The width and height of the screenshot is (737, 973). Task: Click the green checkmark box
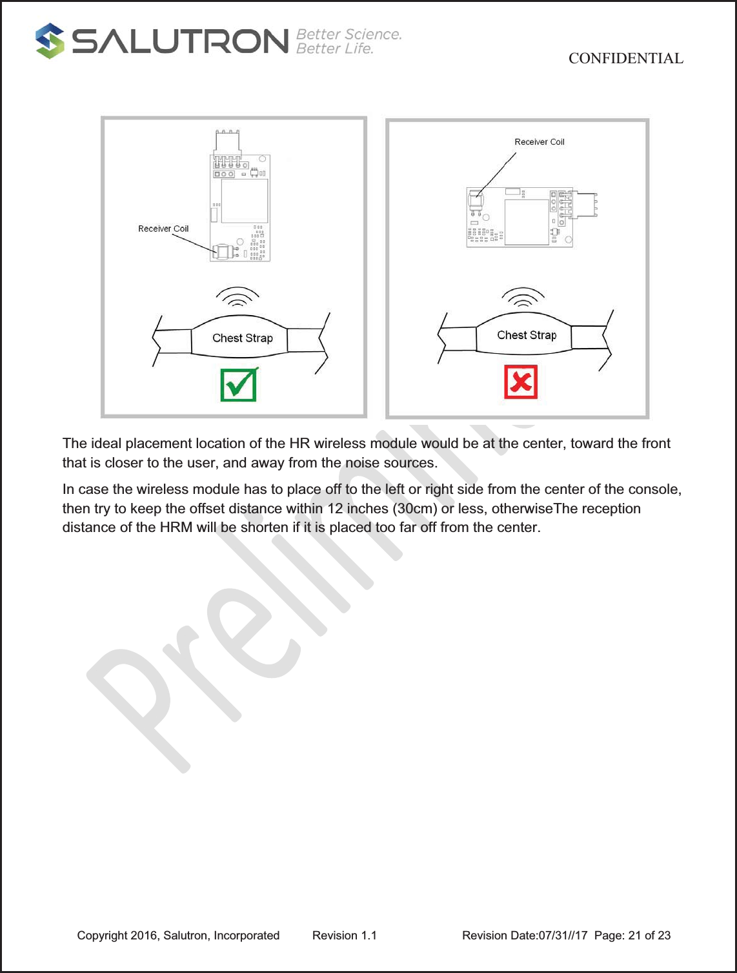238,385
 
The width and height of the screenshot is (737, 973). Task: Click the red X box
521,382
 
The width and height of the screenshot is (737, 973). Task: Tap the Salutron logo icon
50,41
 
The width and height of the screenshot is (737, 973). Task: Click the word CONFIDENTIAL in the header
625,58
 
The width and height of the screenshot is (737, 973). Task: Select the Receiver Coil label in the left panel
163,229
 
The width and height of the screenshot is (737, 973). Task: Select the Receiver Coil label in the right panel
539,142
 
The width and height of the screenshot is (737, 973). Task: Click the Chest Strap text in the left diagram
243,338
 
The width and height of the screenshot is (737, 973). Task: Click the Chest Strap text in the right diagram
527,335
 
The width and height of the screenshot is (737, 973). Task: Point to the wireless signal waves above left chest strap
237,298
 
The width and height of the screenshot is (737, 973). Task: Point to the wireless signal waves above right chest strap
523,297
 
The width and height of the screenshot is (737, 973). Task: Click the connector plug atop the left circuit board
227,142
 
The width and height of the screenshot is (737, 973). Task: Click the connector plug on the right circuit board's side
585,204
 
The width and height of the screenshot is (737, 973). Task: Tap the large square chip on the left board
245,201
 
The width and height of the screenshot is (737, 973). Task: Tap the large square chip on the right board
526,221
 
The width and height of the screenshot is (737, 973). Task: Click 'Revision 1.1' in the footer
344,936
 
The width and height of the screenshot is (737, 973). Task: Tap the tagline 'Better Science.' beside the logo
348,34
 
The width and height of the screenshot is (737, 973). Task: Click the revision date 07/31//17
563,936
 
